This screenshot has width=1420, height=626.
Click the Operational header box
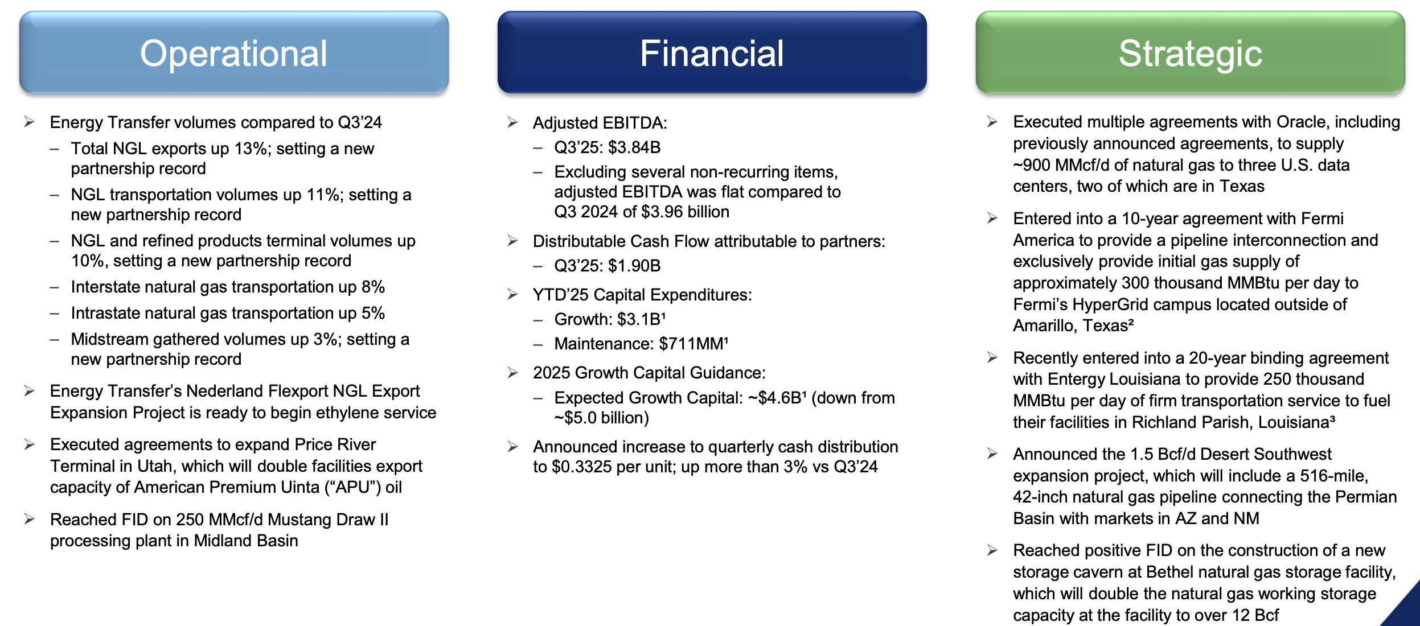[x=233, y=53]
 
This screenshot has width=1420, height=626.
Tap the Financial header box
[x=712, y=53]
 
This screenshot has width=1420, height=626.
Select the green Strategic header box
[x=1190, y=53]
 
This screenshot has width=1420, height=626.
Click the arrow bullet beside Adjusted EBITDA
[x=512, y=123]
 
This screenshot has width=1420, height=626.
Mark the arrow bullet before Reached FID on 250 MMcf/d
[x=30, y=519]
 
